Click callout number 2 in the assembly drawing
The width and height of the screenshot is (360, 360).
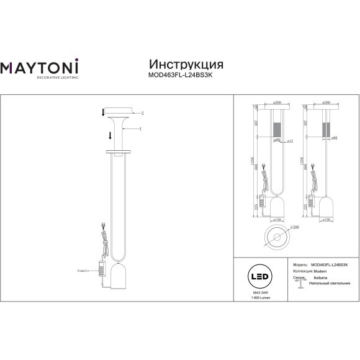click(x=142, y=114)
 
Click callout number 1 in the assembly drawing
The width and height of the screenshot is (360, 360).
click(x=142, y=128)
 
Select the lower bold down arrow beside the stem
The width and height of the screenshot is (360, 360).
click(x=110, y=136)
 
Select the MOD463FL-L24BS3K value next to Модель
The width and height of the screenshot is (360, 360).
click(x=330, y=264)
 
